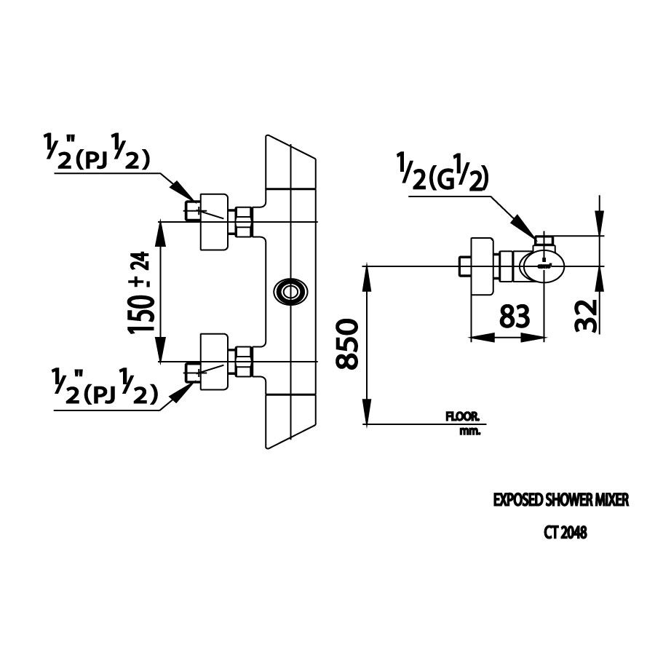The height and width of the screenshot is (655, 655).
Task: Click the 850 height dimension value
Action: click(348, 344)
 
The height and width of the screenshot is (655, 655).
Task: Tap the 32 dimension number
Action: click(587, 314)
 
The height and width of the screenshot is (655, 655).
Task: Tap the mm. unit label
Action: click(470, 431)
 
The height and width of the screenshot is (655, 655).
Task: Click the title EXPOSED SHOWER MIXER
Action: click(560, 501)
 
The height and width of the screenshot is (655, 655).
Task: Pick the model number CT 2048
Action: click(565, 533)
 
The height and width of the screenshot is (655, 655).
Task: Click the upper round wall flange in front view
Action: click(214, 221)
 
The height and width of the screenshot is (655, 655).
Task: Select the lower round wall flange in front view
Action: click(214, 363)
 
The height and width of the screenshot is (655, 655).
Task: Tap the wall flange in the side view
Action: click(483, 266)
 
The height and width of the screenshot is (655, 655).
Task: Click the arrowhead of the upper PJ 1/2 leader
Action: click(188, 195)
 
